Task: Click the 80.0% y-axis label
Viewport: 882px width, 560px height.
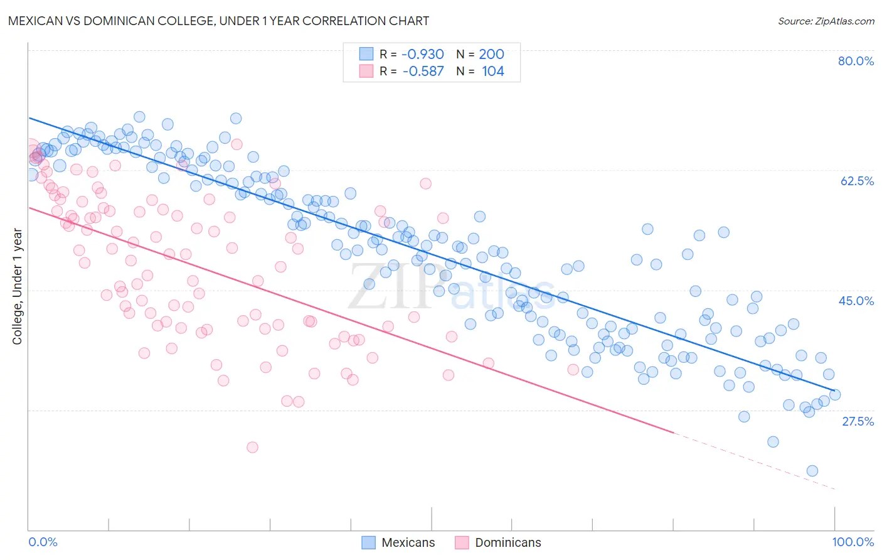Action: click(856, 61)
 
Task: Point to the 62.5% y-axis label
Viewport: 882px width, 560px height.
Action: click(857, 181)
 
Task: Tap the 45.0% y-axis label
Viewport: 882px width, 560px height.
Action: click(856, 301)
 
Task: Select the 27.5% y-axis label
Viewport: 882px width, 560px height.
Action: click(858, 421)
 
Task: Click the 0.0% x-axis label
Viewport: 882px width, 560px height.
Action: click(43, 542)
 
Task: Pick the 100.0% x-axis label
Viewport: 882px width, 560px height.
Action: click(853, 542)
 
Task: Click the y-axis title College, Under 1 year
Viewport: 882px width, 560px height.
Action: click(17, 286)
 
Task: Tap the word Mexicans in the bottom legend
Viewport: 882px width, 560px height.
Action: click(408, 542)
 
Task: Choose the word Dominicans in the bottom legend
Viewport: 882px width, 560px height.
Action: click(507, 542)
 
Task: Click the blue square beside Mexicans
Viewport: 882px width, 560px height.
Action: click(368, 542)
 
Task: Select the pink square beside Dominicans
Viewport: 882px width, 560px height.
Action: click(462, 542)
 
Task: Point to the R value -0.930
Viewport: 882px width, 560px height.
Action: click(422, 54)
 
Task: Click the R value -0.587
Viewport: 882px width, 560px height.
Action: click(422, 71)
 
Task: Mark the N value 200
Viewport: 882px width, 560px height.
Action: click(491, 54)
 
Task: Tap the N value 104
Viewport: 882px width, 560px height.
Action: click(492, 71)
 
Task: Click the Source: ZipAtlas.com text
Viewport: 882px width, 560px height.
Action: click(826, 21)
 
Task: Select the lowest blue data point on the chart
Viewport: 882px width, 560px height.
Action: click(812, 471)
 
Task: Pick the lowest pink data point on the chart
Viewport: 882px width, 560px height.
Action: click(252, 447)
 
